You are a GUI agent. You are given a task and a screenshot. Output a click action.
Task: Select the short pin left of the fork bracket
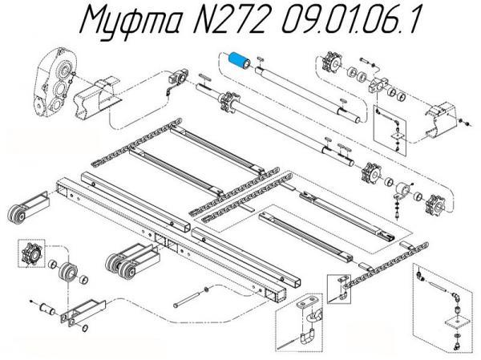pos(47,307)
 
